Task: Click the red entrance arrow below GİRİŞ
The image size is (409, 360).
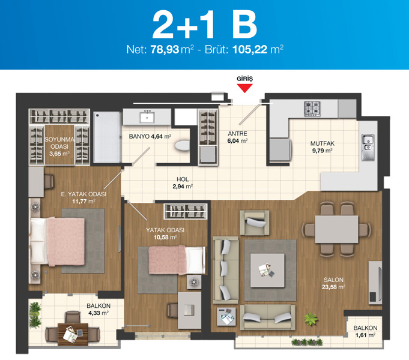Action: (244, 88)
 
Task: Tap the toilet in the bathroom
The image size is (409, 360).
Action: (182, 145)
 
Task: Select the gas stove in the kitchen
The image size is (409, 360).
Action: (312, 109)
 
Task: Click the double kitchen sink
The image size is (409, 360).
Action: (368, 148)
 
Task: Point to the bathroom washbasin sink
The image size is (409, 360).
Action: (147, 117)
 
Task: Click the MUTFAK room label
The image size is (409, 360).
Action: (323, 143)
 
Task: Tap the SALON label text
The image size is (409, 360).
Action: (333, 280)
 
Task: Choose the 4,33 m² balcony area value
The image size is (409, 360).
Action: (98, 313)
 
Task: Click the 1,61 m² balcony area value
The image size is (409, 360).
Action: (365, 335)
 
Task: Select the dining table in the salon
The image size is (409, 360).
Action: (336, 229)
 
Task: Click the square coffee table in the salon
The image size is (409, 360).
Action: (267, 271)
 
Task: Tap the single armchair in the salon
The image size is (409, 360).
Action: (255, 223)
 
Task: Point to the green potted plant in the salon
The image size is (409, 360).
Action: (311, 319)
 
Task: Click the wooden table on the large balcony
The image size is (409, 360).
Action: (73, 334)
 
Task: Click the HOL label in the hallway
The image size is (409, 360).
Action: (183, 179)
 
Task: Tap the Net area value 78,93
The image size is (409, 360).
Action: (165, 49)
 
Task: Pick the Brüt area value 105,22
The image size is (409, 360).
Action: (250, 49)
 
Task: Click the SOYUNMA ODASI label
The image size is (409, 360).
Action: (59, 143)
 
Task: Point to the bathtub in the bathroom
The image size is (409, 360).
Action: (107, 137)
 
